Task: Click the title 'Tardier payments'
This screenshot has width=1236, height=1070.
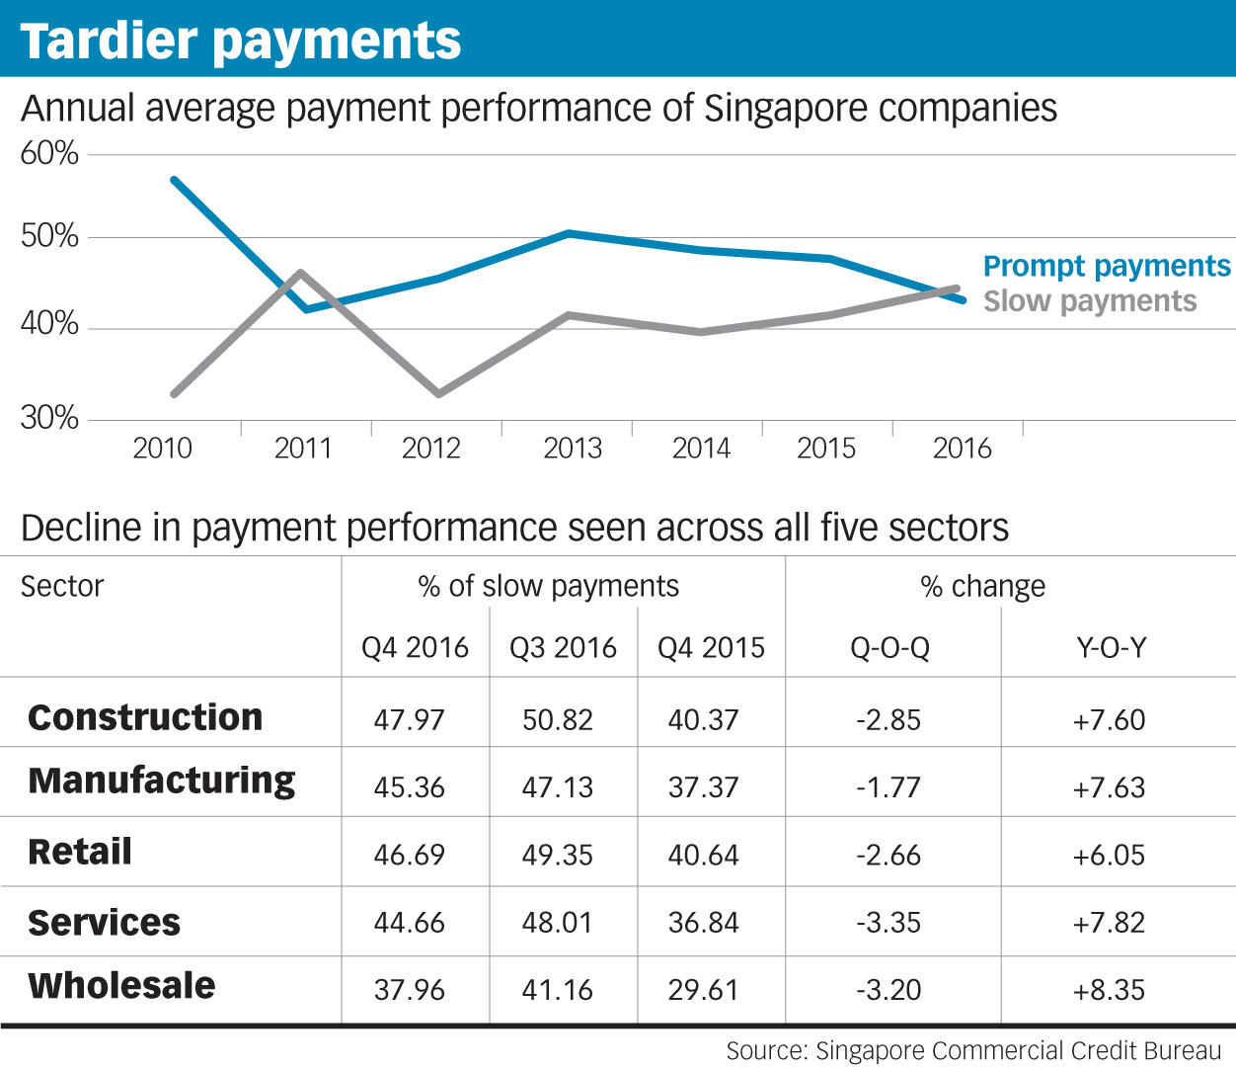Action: click(241, 41)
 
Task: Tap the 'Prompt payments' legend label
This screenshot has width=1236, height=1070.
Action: click(1107, 266)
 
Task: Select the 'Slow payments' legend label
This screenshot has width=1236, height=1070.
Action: click(1090, 300)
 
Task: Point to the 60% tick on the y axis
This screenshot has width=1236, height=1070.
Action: click(49, 153)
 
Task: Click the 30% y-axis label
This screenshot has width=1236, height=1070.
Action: click(49, 418)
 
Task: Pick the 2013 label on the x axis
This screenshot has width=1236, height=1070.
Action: click(573, 449)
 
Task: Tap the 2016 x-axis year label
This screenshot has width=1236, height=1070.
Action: click(963, 449)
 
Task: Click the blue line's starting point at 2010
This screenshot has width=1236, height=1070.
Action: click(174, 180)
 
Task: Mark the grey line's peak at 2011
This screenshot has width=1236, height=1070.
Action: click(300, 272)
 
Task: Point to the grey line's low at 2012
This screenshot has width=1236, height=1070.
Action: click(437, 394)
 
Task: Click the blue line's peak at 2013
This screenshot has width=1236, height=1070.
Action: click(570, 233)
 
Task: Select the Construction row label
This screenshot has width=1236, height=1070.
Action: click(145, 717)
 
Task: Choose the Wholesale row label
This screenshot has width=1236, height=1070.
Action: click(121, 985)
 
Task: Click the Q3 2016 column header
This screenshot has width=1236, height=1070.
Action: click(563, 647)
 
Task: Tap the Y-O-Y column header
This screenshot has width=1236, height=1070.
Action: click(1111, 647)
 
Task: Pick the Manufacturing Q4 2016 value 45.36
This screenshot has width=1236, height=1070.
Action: click(409, 787)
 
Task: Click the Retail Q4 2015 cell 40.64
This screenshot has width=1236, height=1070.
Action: click(703, 855)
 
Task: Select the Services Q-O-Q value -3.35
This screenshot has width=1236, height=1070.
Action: click(888, 923)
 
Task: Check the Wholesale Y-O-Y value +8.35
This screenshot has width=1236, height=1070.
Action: click(1109, 990)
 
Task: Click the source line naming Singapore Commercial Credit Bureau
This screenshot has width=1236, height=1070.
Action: click(973, 1051)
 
